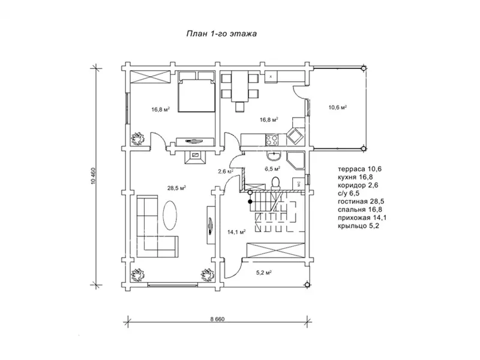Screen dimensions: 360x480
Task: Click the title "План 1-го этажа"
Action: tap(222, 34)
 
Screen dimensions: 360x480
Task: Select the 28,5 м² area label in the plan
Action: tap(176, 188)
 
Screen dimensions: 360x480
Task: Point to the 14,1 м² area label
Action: tap(235, 232)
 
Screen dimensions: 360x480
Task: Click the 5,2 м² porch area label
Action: tap(264, 272)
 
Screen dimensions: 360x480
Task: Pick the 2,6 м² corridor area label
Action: tap(226, 172)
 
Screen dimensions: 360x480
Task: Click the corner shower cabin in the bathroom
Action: tap(296, 161)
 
